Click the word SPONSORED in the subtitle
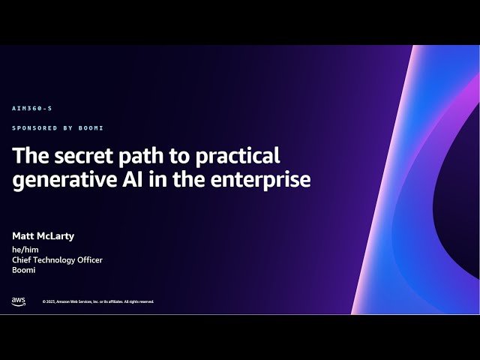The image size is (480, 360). [x=31, y=128]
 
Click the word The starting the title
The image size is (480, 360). [x=28, y=156]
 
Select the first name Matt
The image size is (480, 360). [x=23, y=236]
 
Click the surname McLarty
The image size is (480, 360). [x=56, y=236]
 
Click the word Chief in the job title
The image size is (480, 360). [x=22, y=260]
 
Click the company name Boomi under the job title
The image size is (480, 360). [x=24, y=271]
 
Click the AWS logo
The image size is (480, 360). [x=18, y=301]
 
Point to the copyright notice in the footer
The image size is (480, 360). [x=98, y=301]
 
